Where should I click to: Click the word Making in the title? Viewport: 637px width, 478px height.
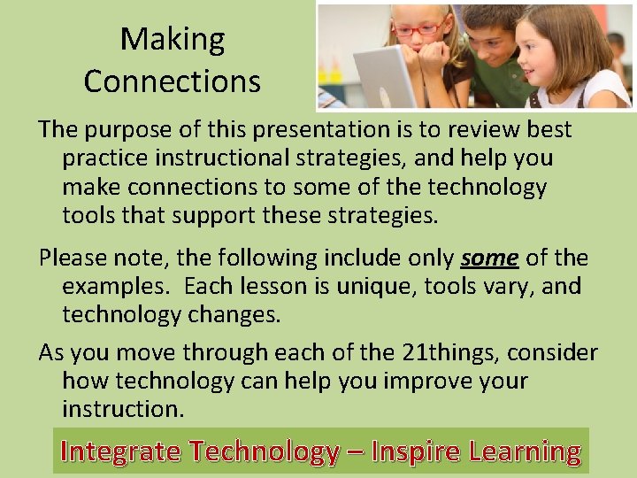pos(173,39)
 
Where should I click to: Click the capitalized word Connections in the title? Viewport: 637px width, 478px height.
pos(173,81)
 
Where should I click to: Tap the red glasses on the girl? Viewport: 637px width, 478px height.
pos(418,29)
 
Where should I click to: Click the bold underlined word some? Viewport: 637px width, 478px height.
pos(489,258)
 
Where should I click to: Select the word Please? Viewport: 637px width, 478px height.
pos(72,258)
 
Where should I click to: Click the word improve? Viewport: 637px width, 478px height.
pos(425,382)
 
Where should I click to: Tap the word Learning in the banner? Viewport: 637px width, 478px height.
pos(525,451)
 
